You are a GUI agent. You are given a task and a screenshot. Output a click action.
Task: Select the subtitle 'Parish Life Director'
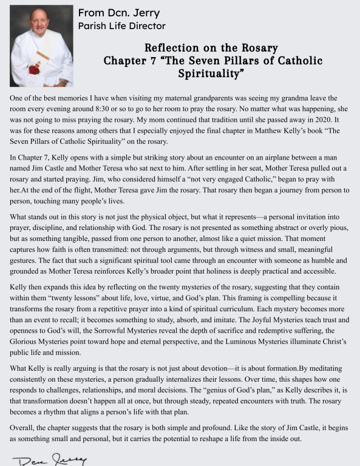[x=121, y=26]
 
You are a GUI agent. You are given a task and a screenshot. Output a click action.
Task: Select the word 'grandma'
[x=278, y=98]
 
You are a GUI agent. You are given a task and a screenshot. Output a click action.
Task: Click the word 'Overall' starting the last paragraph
[x=24, y=428]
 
